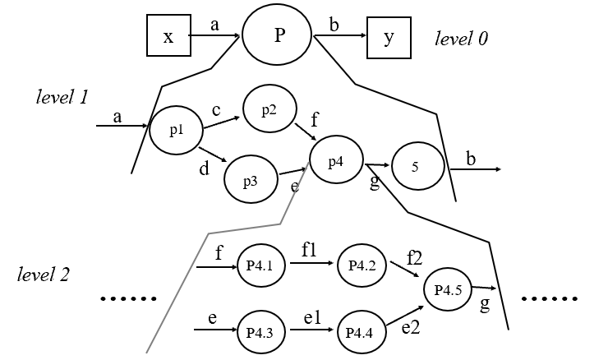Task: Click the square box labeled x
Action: (168, 36)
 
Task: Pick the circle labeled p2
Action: (269, 110)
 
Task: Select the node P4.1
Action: (260, 265)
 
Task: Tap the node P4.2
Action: (362, 265)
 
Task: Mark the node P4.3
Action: (260, 332)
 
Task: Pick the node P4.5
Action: (448, 289)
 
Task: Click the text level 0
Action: (462, 39)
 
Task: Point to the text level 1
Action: (62, 96)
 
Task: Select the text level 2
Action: (44, 274)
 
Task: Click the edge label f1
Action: (310, 252)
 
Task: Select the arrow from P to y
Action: (339, 36)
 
